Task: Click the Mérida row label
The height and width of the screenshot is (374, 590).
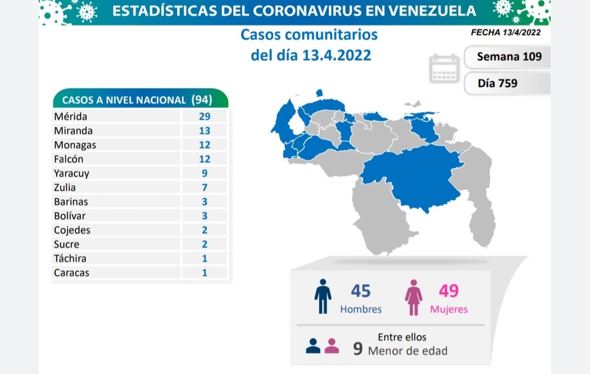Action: click(x=70, y=116)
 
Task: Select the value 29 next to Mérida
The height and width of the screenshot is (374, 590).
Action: click(x=204, y=116)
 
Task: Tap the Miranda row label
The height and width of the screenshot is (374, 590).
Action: click(x=73, y=130)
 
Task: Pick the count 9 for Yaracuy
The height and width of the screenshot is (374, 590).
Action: click(x=204, y=173)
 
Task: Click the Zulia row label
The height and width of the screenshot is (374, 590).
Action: click(x=65, y=187)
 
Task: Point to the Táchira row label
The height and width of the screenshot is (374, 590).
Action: click(x=70, y=258)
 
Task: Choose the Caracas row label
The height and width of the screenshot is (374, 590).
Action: click(x=71, y=272)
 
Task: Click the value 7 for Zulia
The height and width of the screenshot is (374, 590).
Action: click(x=204, y=187)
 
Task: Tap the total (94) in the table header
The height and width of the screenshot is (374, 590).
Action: click(x=202, y=100)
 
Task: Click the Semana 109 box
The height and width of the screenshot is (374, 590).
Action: click(x=509, y=56)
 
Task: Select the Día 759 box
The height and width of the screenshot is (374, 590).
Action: click(x=497, y=84)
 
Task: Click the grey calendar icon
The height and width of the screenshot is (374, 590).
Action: click(x=444, y=69)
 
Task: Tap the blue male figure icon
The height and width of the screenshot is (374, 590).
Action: click(x=322, y=296)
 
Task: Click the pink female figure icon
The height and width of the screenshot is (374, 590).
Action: click(x=414, y=296)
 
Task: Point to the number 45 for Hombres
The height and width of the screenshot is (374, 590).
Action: click(x=361, y=290)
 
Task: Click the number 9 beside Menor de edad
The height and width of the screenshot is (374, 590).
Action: click(x=358, y=348)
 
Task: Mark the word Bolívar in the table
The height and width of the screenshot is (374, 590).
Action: click(x=70, y=216)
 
